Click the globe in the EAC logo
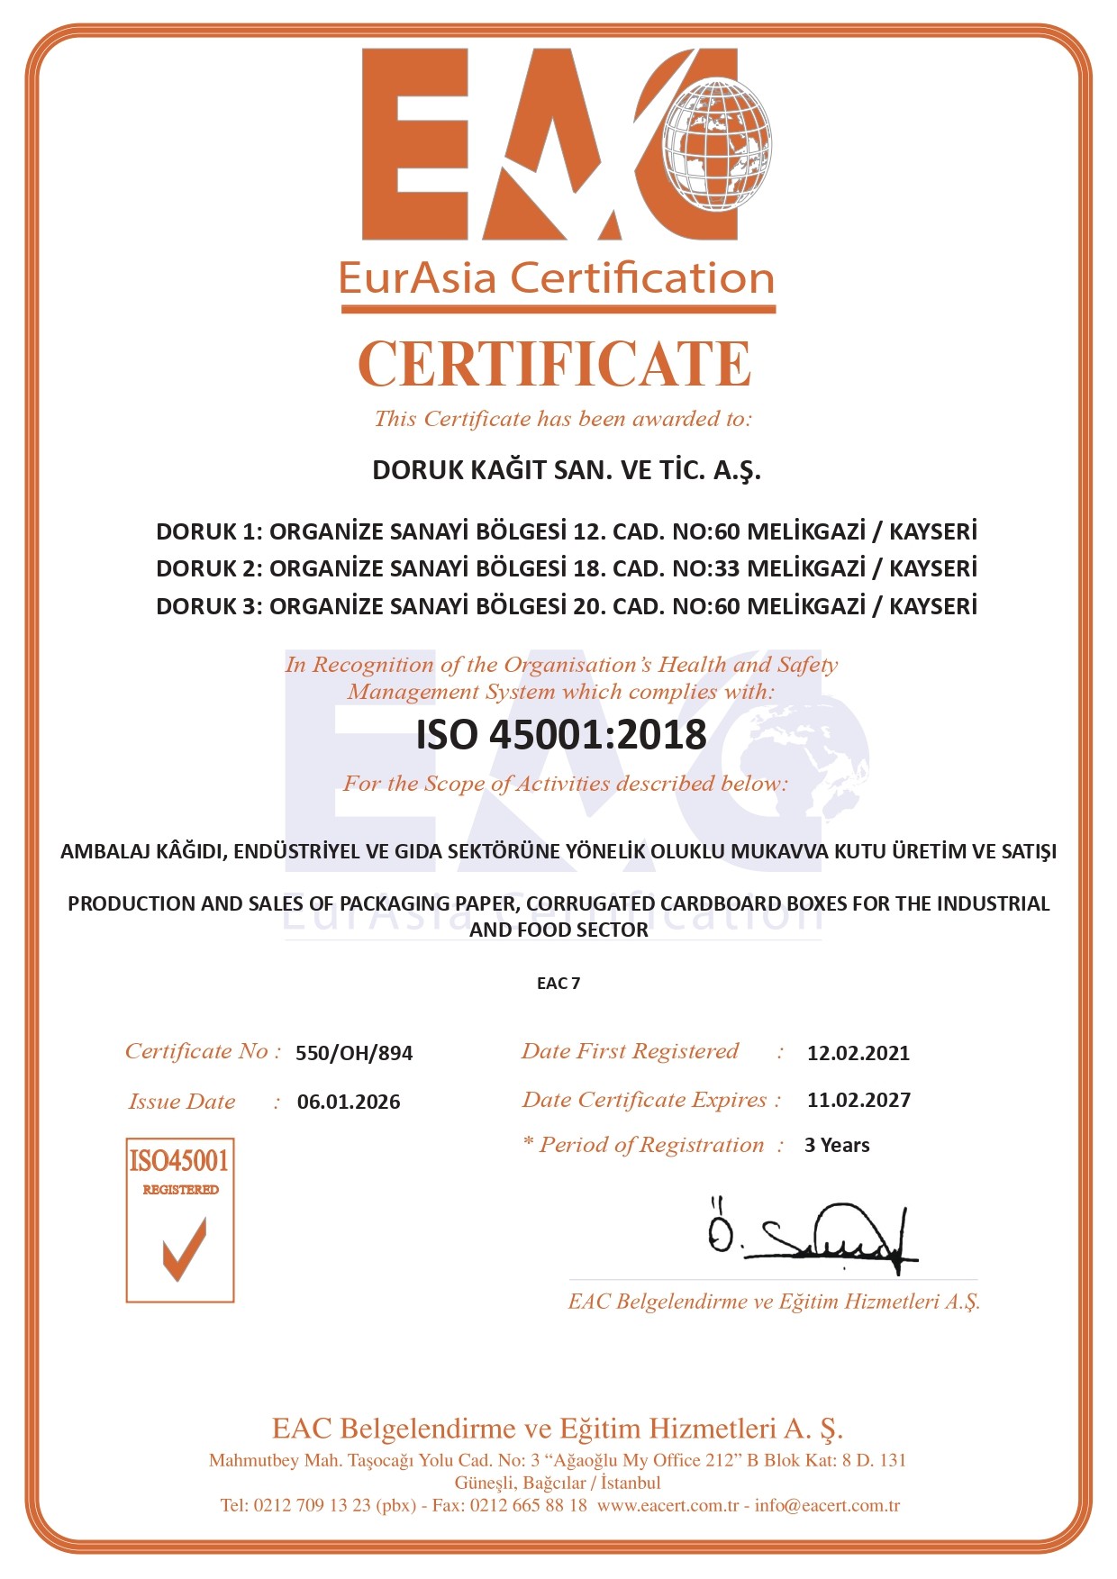click(x=718, y=144)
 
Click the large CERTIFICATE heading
click(x=555, y=364)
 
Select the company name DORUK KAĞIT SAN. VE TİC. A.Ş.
click(x=567, y=470)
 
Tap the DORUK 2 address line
click(x=567, y=568)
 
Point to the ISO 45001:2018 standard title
click(x=560, y=735)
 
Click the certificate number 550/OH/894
click(x=354, y=1053)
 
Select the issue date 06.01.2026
click(x=349, y=1102)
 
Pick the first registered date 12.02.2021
click(x=858, y=1053)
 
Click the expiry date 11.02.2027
click(x=858, y=1100)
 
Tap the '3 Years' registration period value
click(x=837, y=1146)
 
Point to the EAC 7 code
click(x=558, y=984)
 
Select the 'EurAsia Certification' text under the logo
click(x=557, y=278)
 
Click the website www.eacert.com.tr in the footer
click(x=667, y=1506)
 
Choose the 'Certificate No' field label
click(x=202, y=1051)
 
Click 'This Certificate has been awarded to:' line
click(x=562, y=419)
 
